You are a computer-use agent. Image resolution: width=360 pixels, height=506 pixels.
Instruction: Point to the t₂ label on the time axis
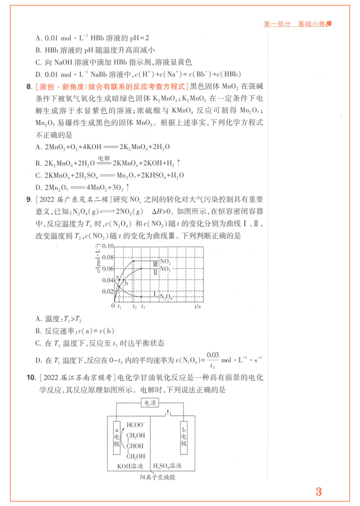pyautogui.click(x=134, y=307)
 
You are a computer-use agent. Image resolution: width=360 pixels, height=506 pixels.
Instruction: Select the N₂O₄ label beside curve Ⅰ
pyautogui.click(x=166, y=296)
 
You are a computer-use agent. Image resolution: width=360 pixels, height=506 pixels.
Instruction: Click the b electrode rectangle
pyautogui.click(x=183, y=438)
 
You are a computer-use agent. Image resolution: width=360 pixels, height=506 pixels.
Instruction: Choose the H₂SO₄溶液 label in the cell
pyautogui.click(x=167, y=466)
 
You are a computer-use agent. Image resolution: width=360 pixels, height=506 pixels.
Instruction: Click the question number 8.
pyautogui.click(x=29, y=86)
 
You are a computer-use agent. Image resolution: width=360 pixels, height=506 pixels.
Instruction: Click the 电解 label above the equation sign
pyautogui.click(x=103, y=158)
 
